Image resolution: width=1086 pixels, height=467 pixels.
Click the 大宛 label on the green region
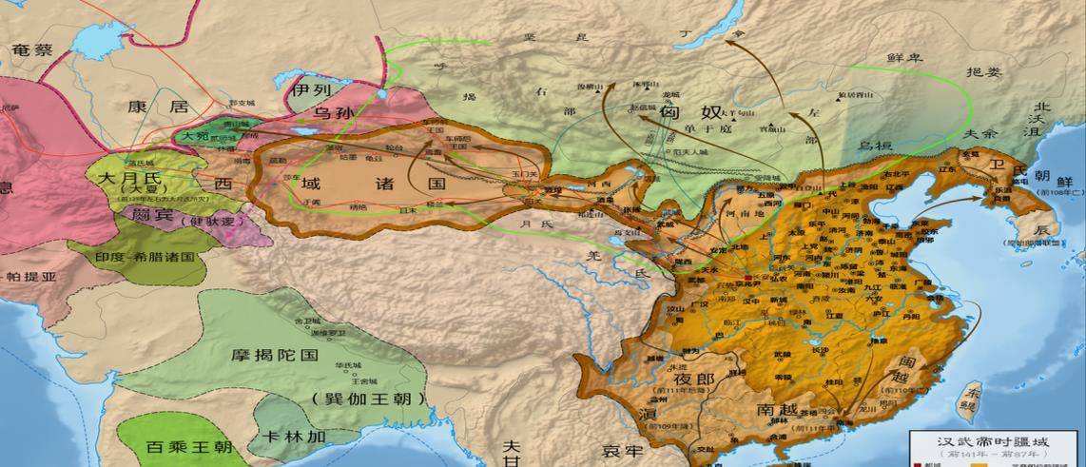point(196,136)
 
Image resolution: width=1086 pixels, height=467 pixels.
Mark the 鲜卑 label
point(905,59)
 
